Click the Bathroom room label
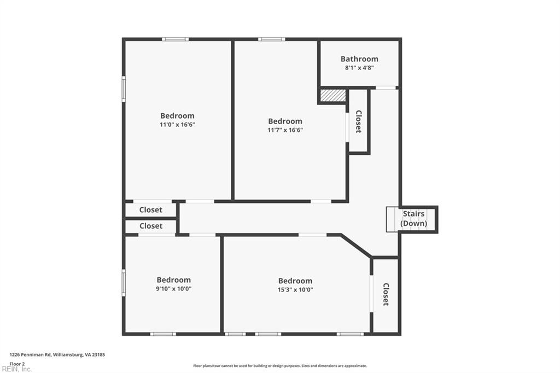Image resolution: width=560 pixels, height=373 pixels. (359, 59)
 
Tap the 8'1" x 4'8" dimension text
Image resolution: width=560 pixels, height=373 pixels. (359, 68)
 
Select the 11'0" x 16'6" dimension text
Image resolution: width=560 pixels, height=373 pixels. (177, 125)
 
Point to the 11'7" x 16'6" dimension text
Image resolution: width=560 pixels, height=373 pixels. (285, 130)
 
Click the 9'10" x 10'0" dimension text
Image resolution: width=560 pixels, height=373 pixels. (174, 289)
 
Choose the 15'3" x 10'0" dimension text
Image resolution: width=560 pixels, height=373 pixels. (295, 290)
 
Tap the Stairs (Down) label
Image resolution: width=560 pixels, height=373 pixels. (413, 219)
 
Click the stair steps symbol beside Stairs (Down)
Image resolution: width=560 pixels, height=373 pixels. (392, 219)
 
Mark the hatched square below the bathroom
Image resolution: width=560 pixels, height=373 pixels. (332, 95)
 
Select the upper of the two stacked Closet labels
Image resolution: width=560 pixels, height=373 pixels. (150, 210)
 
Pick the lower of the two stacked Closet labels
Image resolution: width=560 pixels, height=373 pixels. (150, 226)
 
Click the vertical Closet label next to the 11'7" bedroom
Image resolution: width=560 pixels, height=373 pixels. (359, 121)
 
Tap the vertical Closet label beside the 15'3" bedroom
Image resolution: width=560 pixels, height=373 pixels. (386, 294)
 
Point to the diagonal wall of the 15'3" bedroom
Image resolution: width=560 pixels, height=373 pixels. (356, 246)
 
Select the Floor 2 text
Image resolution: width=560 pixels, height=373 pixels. (17, 363)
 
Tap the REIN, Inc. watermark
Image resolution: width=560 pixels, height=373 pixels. (16, 369)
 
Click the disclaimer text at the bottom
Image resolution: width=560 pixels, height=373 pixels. (279, 366)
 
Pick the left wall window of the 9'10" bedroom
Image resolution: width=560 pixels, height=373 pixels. (124, 283)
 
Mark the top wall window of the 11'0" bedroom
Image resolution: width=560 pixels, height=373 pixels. (175, 39)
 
